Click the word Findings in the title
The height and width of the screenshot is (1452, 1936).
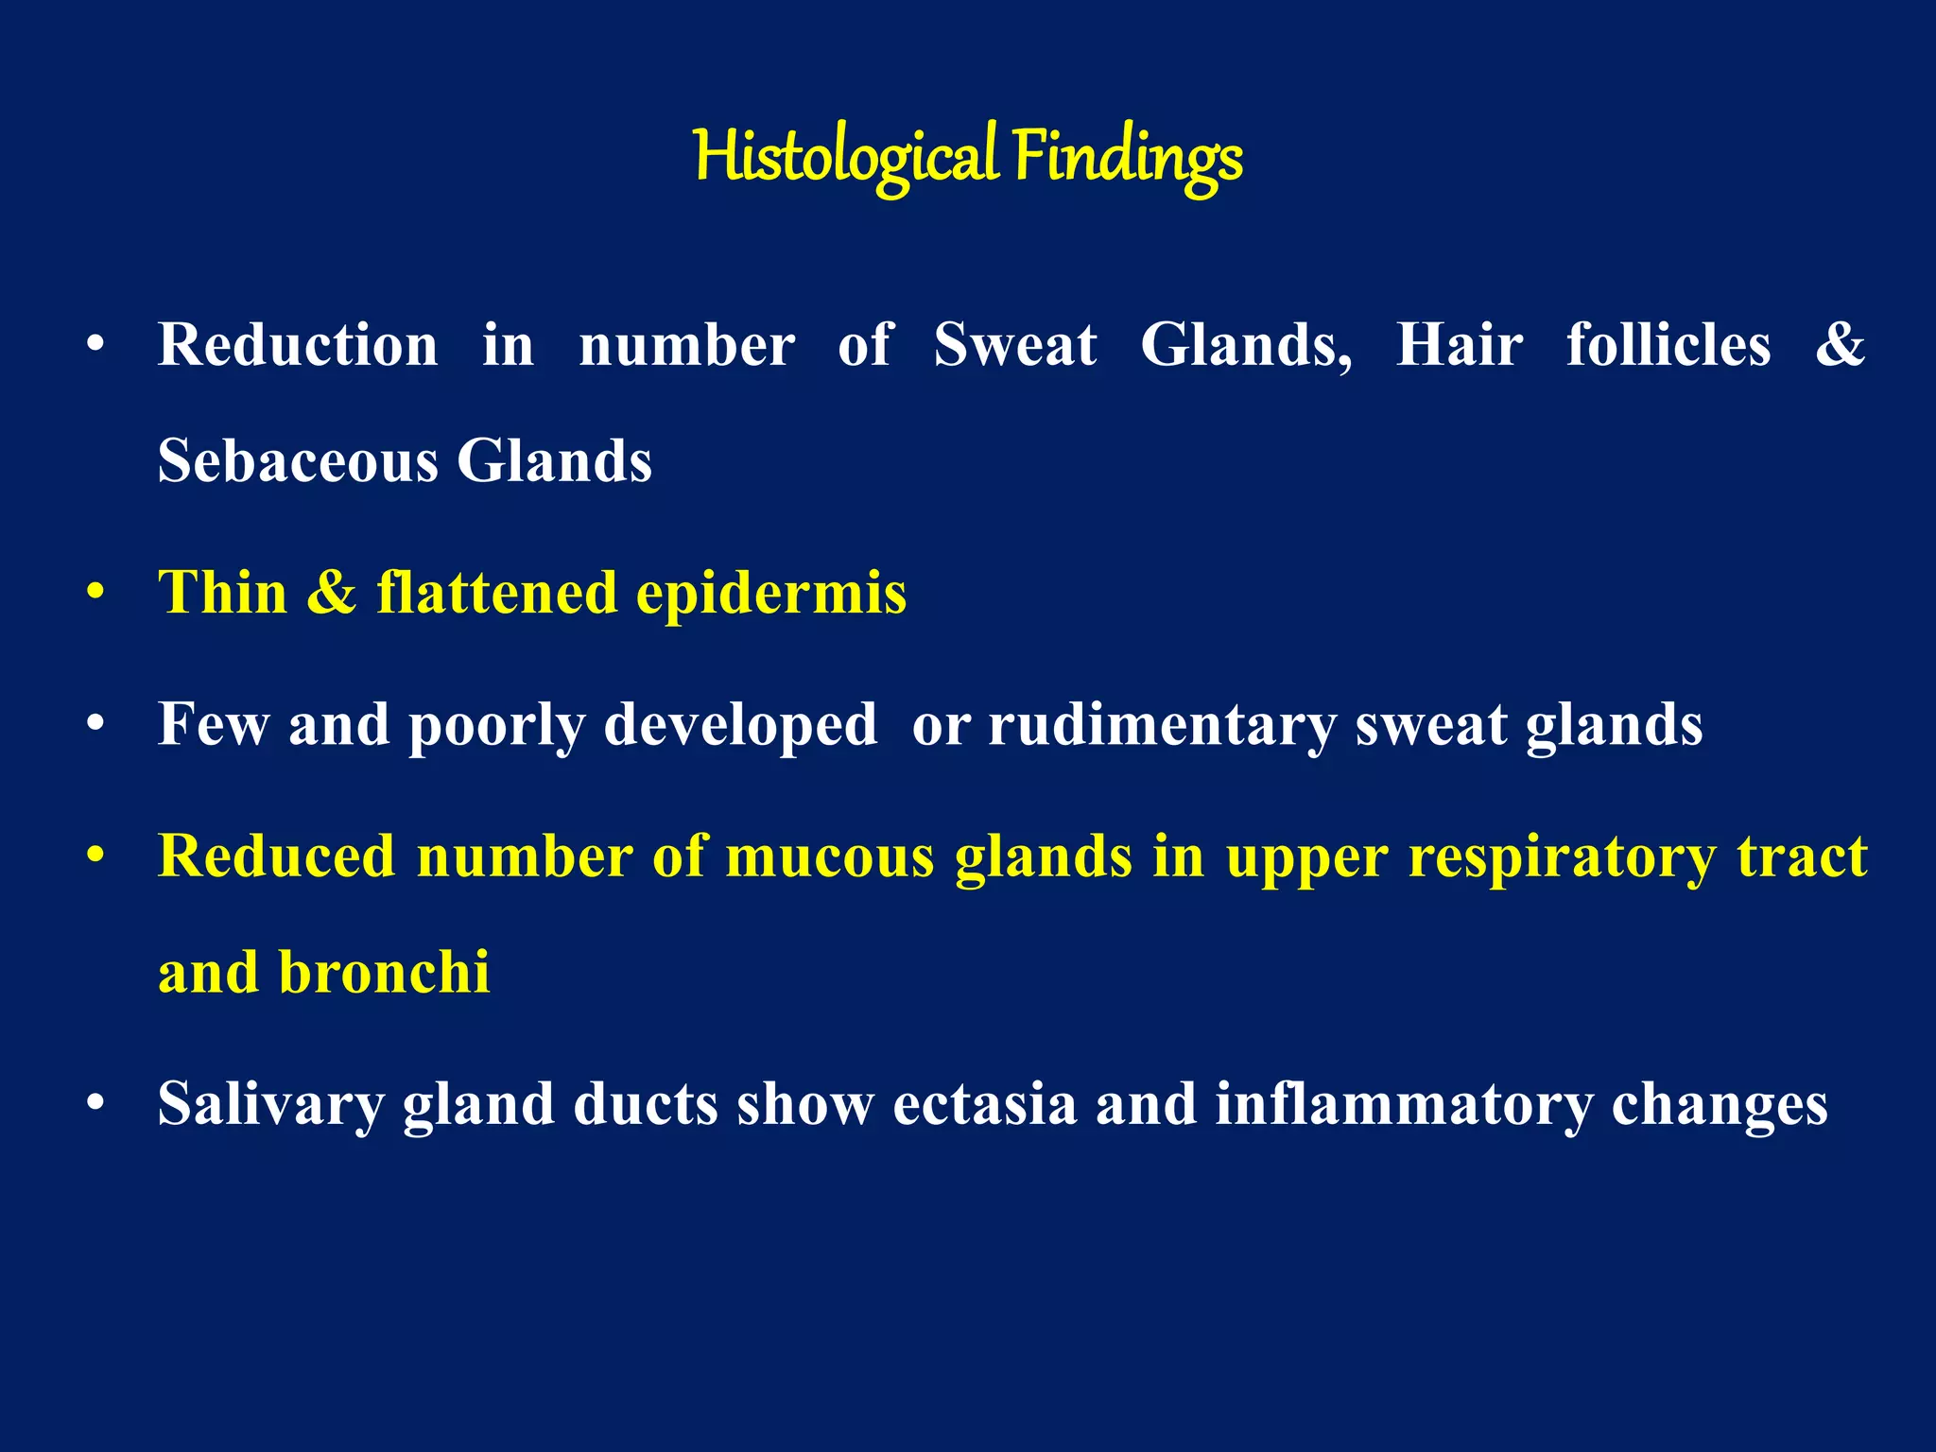tap(1128, 157)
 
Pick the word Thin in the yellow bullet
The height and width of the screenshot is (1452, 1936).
tap(222, 593)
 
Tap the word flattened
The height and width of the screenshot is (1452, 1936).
tap(496, 593)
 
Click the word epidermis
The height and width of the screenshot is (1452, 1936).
tap(771, 595)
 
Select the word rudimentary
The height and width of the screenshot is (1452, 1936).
tap(1162, 726)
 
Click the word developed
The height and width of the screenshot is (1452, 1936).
tap(740, 726)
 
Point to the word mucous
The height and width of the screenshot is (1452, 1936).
tap(829, 856)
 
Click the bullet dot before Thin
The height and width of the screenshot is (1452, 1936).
tap(95, 594)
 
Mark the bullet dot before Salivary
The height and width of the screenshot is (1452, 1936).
tap(95, 1103)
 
